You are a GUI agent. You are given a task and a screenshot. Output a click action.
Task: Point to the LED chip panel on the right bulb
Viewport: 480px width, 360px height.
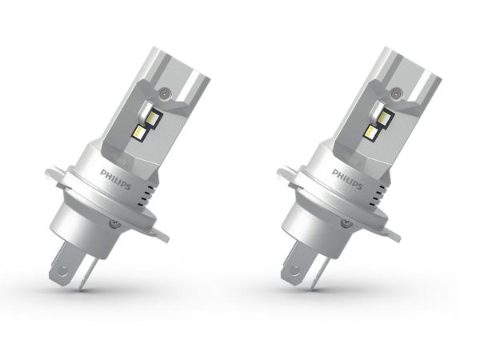tap(379, 122)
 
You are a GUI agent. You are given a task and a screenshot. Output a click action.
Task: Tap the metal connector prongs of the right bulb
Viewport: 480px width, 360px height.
tap(302, 268)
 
